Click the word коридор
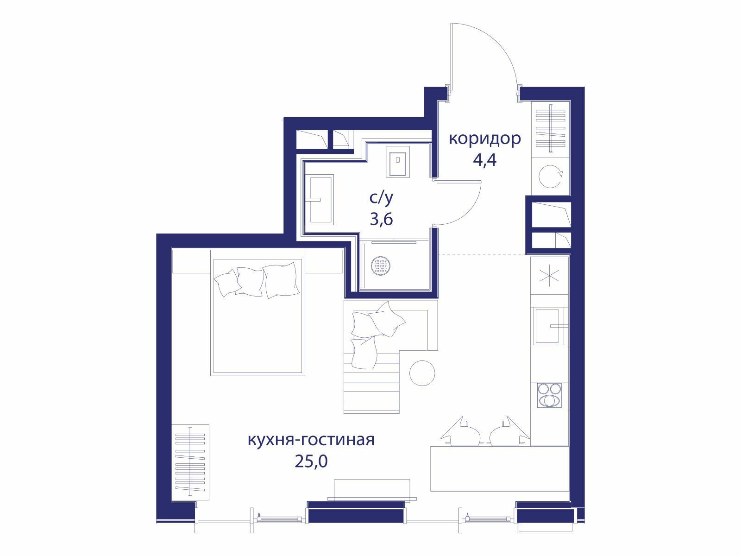click(484, 139)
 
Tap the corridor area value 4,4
click(484, 160)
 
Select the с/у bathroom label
click(381, 198)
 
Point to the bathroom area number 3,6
click(381, 220)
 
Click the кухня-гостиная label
click(311, 440)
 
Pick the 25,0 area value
click(311, 461)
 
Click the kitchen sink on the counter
click(549, 326)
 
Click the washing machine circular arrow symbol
click(550, 176)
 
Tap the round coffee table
click(422, 373)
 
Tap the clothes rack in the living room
click(190, 462)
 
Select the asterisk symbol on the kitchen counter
click(550, 275)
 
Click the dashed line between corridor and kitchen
click(482, 254)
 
